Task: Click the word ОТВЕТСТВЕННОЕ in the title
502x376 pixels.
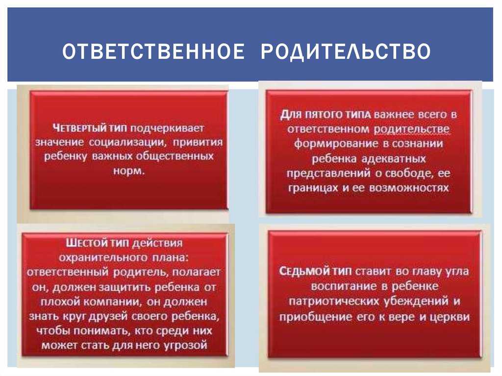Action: (153, 51)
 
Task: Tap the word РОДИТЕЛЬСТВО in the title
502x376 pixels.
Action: (346, 51)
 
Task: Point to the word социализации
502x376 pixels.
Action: (127, 142)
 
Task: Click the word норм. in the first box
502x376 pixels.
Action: (129, 171)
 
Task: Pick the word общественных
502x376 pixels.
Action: (175, 156)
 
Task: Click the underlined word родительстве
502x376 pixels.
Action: (412, 129)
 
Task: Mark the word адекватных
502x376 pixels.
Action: (394, 158)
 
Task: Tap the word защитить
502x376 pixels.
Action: (125, 287)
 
